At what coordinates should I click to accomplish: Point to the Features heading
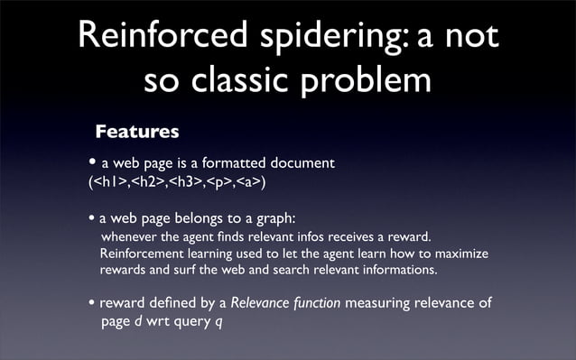[137, 133]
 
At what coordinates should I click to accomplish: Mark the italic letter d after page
[138, 320]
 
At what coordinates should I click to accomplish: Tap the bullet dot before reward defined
[91, 303]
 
